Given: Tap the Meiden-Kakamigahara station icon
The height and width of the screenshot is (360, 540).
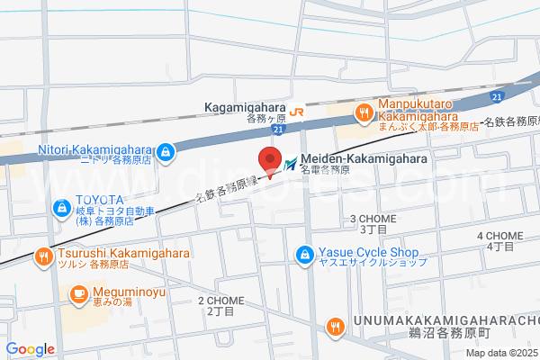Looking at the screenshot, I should pyautogui.click(x=292, y=164).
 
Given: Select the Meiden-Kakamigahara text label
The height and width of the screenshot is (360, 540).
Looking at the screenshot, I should pyautogui.click(x=364, y=157).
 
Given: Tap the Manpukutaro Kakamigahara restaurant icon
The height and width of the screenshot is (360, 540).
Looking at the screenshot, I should pyautogui.click(x=364, y=113).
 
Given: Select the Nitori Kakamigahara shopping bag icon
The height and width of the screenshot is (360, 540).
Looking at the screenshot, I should pyautogui.click(x=165, y=154).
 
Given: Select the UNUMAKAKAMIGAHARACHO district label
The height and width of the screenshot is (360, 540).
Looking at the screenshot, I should pyautogui.click(x=446, y=321).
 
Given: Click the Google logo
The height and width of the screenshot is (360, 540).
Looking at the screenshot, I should pyautogui.click(x=30, y=349).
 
